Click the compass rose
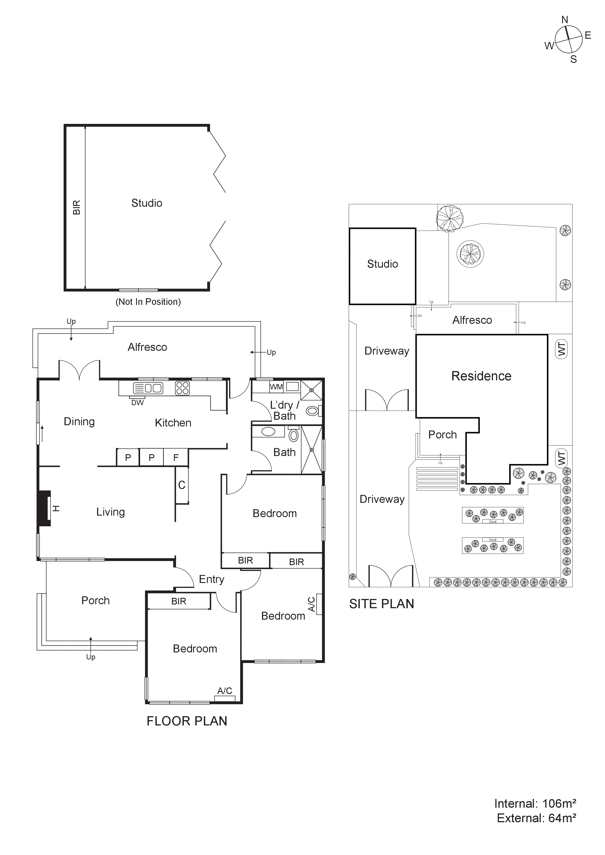pos(568,39)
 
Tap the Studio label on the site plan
pos(382,264)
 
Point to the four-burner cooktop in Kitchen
pos(182,388)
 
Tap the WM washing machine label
pos(276,387)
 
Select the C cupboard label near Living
pos(182,485)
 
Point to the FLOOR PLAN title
pos(187,721)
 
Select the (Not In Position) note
pos(148,302)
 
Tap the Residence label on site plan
pos(481,376)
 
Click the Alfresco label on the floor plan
pos(147,347)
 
